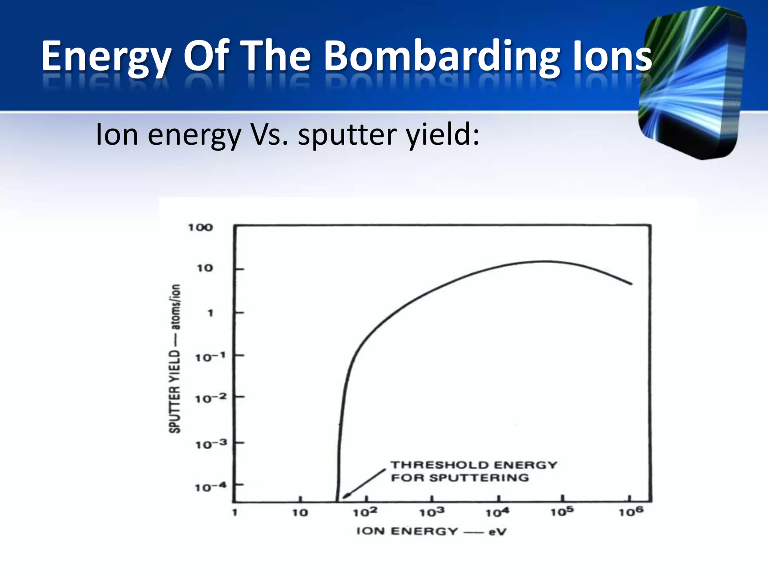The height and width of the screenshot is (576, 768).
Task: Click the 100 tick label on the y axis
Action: [x=200, y=227]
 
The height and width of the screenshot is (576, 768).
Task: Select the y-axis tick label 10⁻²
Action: [x=211, y=398]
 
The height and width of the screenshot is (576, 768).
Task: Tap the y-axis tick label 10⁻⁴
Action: [x=211, y=487]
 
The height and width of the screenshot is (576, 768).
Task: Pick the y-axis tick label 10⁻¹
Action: [x=210, y=357]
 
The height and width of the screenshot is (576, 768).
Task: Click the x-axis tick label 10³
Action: [x=432, y=512]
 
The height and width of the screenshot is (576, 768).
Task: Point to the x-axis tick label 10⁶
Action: [x=631, y=511]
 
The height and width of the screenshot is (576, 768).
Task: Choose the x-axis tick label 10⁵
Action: [x=562, y=511]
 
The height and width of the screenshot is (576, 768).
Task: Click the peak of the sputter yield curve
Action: [x=544, y=261]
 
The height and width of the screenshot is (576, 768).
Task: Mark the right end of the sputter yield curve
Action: [x=631, y=284]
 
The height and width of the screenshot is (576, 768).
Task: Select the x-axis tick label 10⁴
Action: [x=498, y=512]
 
